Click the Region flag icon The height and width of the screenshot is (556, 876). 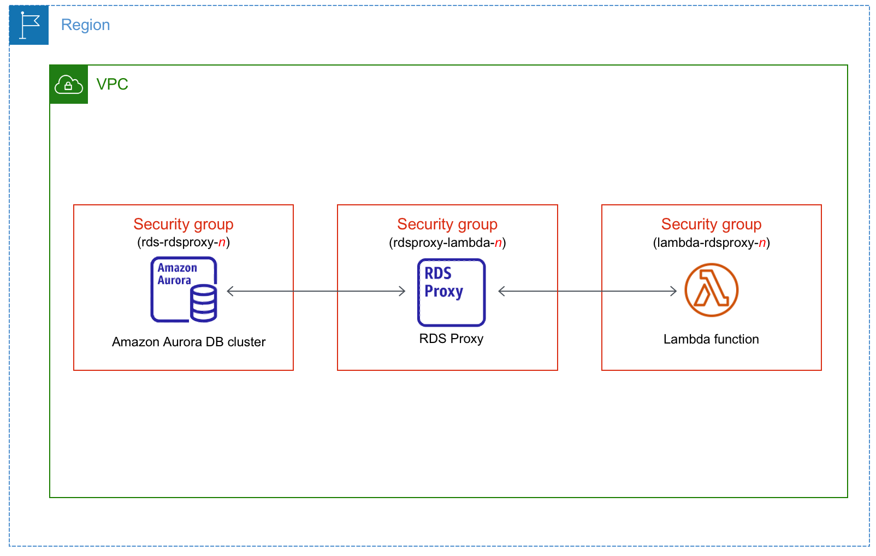29,25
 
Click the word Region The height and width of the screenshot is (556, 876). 85,25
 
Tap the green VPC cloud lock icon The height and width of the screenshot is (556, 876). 68,85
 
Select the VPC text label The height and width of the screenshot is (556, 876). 112,84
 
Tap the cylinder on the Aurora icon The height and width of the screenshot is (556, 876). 204,303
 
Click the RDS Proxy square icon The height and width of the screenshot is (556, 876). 451,292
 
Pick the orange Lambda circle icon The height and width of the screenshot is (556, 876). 711,290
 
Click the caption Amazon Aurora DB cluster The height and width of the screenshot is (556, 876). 188,342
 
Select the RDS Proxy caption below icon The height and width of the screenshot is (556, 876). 451,339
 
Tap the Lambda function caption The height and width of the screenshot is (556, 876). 711,339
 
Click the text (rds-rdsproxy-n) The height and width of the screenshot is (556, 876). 184,242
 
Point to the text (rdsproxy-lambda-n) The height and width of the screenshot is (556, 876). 447,242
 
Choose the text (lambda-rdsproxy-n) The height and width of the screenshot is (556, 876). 711,242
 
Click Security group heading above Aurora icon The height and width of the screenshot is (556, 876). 184,224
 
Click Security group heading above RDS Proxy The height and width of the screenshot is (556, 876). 447,224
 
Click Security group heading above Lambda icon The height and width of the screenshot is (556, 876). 711,224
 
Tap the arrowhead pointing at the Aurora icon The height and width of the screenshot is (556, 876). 230,291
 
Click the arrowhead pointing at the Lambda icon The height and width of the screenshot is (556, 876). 674,291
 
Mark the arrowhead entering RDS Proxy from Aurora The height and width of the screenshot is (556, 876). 403,291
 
